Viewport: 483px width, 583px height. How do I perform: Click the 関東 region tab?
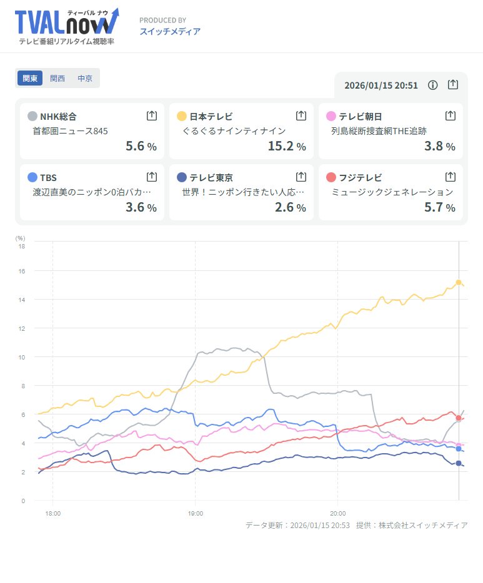(30, 79)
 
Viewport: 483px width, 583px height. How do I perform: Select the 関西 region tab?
(57, 79)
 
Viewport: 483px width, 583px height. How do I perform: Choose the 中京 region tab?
(85, 79)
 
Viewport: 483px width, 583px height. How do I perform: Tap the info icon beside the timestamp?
(432, 85)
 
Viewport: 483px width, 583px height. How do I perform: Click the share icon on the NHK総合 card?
(151, 115)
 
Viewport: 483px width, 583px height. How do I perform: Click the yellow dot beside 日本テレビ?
(182, 116)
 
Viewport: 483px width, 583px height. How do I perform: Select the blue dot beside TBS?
(32, 177)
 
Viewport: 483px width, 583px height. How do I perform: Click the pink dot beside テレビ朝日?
(331, 116)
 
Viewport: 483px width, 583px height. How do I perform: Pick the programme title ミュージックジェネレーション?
(392, 192)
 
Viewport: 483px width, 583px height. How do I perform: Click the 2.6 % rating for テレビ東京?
(290, 207)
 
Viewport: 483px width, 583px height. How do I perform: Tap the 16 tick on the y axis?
(21, 271)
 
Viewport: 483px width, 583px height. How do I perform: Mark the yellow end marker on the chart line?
(459, 283)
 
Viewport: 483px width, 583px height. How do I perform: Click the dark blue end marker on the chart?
(459, 463)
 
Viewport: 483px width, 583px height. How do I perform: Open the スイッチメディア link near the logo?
(170, 31)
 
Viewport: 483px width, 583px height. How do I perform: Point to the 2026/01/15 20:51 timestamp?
(381, 86)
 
